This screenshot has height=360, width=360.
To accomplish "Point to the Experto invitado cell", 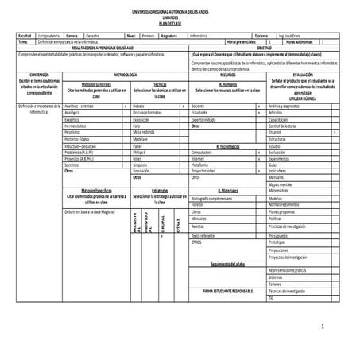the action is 206,119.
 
